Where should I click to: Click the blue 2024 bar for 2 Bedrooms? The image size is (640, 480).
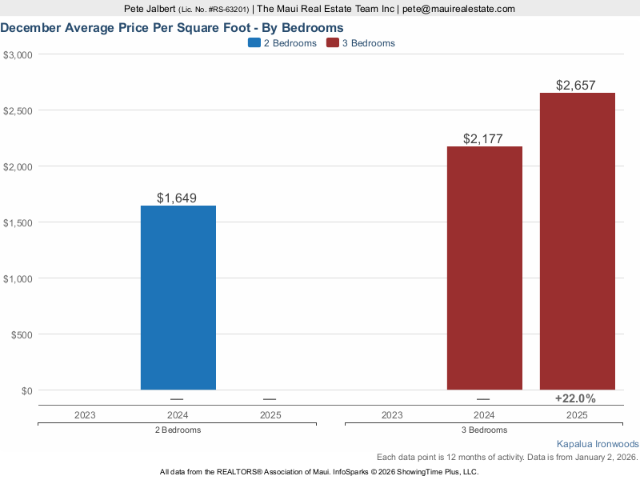click(178, 298)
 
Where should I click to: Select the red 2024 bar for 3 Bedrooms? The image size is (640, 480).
click(484, 268)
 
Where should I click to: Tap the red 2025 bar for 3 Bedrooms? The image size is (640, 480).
click(577, 241)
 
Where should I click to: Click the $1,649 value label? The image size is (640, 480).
click(177, 198)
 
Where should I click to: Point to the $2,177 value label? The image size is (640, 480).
click(483, 138)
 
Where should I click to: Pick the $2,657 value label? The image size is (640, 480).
click(576, 85)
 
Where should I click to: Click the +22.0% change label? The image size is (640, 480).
click(576, 398)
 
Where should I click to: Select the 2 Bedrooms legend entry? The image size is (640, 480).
click(282, 43)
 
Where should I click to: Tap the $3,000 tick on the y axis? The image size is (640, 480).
click(17, 54)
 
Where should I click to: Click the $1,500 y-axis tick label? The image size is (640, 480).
click(17, 222)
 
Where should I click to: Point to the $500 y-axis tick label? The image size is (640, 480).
click(20, 334)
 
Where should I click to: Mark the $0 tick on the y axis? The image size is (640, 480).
click(25, 390)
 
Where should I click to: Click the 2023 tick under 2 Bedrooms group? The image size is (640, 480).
click(85, 415)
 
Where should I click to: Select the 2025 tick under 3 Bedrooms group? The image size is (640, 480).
click(577, 415)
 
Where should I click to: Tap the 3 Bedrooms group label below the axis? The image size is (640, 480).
click(483, 430)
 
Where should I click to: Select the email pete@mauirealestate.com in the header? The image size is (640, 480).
click(458, 9)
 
